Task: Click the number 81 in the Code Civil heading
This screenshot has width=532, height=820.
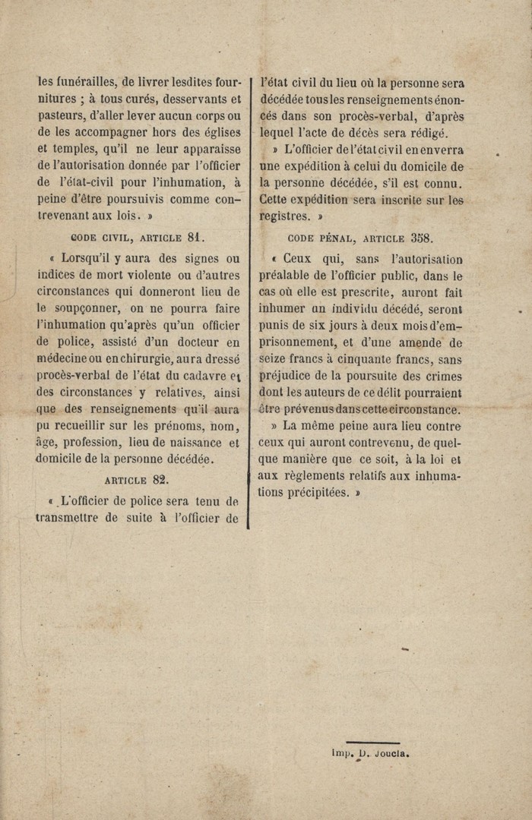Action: pyautogui.click(x=195, y=237)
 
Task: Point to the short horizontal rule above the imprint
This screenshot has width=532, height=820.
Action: pyautogui.click(x=372, y=743)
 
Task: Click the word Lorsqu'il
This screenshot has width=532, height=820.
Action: pyautogui.click(x=86, y=258)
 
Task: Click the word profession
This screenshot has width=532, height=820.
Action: pyautogui.click(x=89, y=442)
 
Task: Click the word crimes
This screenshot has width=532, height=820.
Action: pyautogui.click(x=442, y=376)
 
